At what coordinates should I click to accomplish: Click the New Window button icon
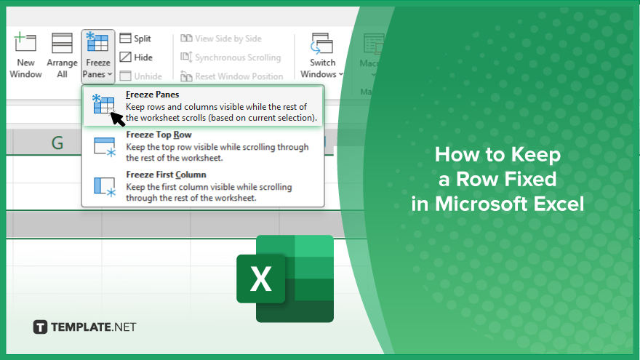pos(25,42)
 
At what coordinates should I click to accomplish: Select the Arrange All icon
pos(62,43)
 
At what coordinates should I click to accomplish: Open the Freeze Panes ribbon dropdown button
pos(98,56)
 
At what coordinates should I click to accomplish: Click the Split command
pos(135,39)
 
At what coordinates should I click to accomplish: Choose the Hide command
pos(136,57)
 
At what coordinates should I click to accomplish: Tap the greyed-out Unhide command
pos(141,76)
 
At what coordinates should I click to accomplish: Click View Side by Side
pos(221,39)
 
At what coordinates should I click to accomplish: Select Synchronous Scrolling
pos(231,57)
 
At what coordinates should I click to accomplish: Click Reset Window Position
pos(232,76)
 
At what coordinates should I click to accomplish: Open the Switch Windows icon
pos(322,44)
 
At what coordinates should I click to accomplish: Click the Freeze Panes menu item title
pos(153,95)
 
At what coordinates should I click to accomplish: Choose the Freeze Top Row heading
pos(159,135)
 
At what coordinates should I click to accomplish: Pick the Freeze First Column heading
pos(166,175)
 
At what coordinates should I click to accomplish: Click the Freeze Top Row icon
pos(105,147)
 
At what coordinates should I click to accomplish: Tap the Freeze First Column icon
pos(105,187)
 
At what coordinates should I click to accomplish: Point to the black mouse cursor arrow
pos(117,119)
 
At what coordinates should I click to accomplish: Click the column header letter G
pos(57,143)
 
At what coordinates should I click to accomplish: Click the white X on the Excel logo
pos(260,279)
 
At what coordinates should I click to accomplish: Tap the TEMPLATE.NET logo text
pos(94,327)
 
